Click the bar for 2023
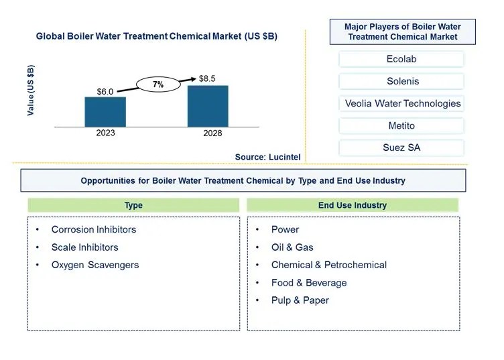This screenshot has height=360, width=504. point(105,112)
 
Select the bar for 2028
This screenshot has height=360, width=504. point(208,106)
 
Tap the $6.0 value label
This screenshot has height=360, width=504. point(105,92)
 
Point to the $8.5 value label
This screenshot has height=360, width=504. point(208,79)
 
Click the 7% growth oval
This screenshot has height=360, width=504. point(158,84)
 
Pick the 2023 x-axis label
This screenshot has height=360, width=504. point(105,133)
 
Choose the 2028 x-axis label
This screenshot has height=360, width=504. point(208,133)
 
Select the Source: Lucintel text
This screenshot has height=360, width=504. point(267,157)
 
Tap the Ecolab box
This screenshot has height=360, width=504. point(401,59)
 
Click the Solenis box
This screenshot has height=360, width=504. point(401,81)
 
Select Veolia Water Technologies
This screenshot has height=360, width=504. point(402,103)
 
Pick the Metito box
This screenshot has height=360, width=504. point(401,125)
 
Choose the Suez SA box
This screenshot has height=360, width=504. point(401,147)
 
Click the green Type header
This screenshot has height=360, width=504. point(133,205)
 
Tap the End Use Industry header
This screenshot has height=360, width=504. point(353,205)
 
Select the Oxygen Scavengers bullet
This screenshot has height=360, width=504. point(94,265)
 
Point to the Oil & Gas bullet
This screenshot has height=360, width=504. point(292,247)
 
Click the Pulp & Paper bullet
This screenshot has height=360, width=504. point(300,300)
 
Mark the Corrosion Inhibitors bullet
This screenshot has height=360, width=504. point(93,229)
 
